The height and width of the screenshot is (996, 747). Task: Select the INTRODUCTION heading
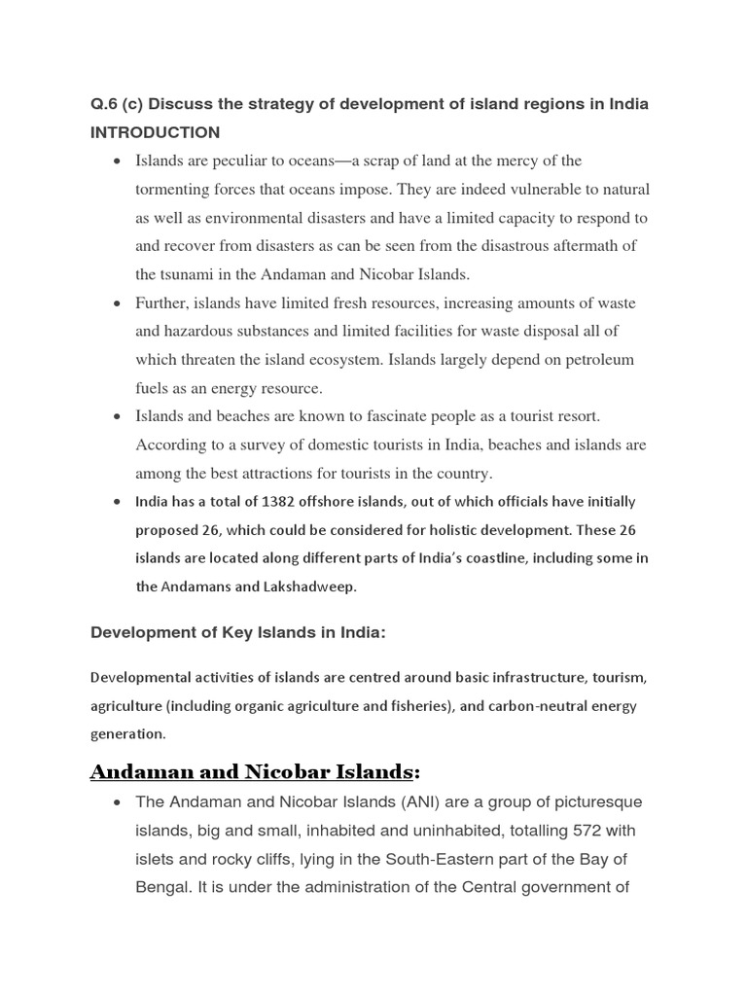coord(156,132)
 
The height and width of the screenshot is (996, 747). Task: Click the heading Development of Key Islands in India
coord(238,633)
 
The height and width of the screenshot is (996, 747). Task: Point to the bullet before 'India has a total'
coord(118,503)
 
